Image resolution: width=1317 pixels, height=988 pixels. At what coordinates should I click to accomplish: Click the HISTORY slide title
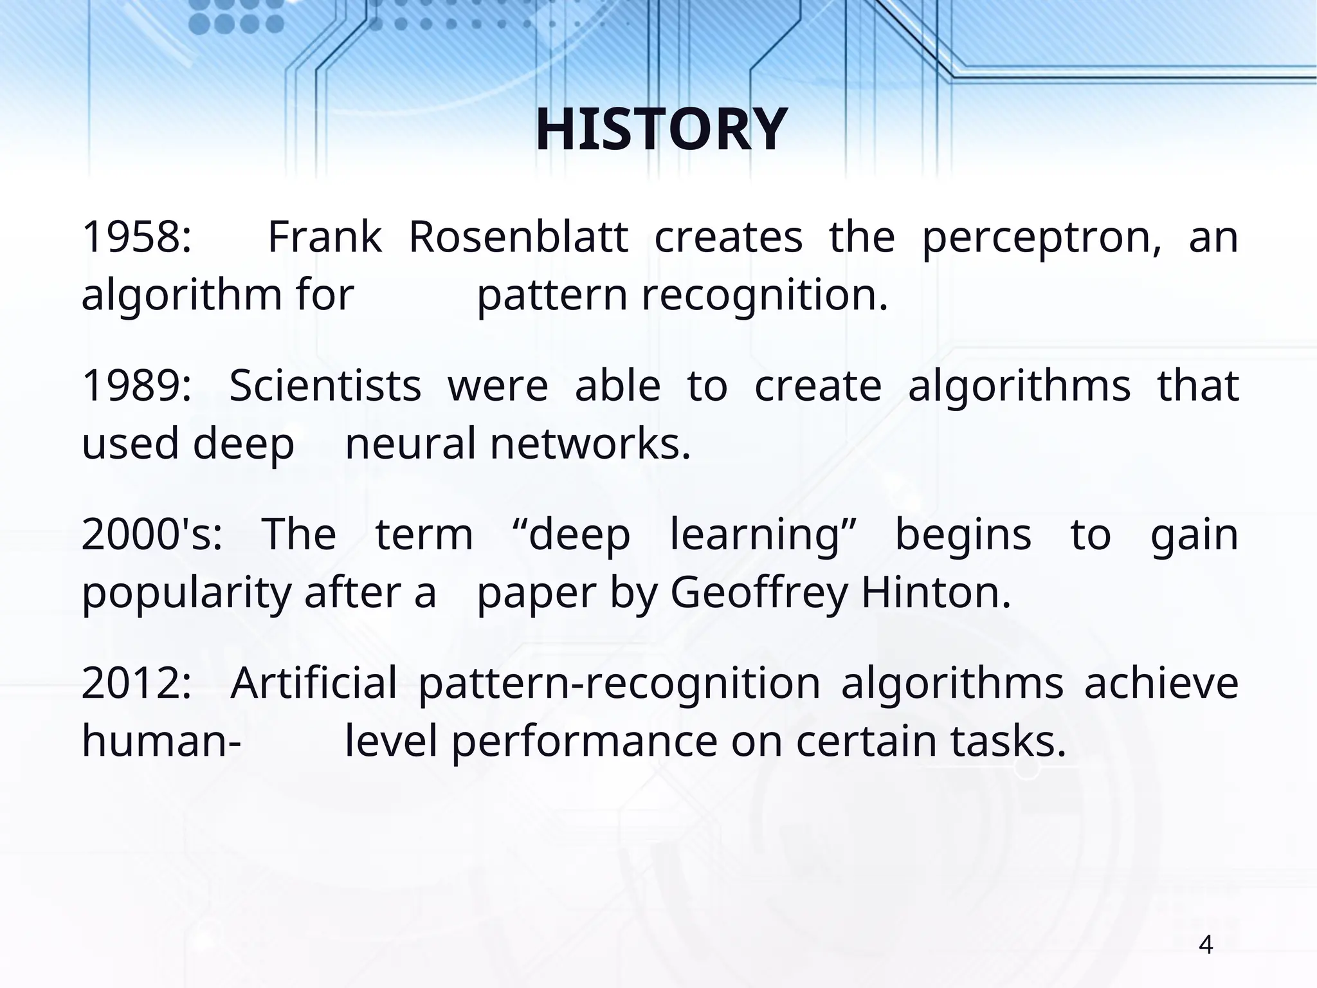[661, 130]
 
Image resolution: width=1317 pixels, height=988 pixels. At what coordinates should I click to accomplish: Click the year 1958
[136, 237]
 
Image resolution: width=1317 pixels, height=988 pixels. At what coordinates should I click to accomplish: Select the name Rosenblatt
[518, 237]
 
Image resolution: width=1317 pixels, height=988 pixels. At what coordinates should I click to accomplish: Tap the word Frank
[325, 237]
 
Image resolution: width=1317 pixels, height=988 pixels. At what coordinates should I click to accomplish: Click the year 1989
[136, 386]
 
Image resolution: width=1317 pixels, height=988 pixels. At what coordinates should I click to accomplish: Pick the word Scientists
[325, 386]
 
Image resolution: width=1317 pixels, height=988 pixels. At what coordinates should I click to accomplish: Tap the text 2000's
[152, 535]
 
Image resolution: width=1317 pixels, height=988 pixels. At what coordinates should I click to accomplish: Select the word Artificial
[314, 683]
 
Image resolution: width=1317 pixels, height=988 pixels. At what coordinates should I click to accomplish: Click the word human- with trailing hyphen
[161, 741]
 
